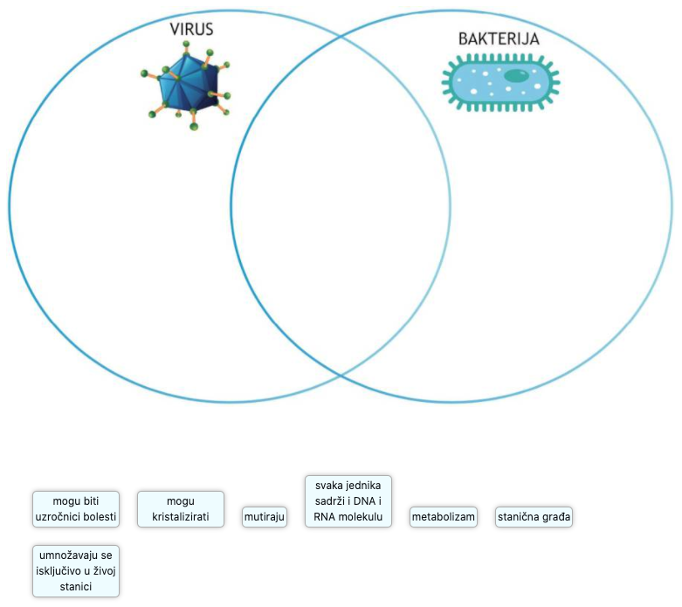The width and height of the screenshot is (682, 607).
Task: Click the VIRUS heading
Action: click(191, 29)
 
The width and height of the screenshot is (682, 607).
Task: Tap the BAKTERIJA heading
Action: click(499, 38)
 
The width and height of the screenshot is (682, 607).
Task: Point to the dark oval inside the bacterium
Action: click(516, 76)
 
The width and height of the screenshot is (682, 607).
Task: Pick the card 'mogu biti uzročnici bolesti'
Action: click(75, 509)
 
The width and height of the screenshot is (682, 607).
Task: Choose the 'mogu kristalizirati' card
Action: click(180, 509)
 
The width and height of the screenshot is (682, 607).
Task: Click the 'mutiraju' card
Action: click(265, 517)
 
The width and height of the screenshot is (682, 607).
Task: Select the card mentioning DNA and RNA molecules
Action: click(348, 501)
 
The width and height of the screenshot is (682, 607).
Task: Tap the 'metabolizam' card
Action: click(444, 517)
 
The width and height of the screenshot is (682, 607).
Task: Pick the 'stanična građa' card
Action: click(534, 517)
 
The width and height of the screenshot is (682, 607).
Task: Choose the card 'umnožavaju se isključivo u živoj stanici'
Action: click(75, 571)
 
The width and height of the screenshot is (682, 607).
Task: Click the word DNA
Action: click(360, 501)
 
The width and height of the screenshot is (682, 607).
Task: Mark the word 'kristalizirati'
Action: click(181, 517)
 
